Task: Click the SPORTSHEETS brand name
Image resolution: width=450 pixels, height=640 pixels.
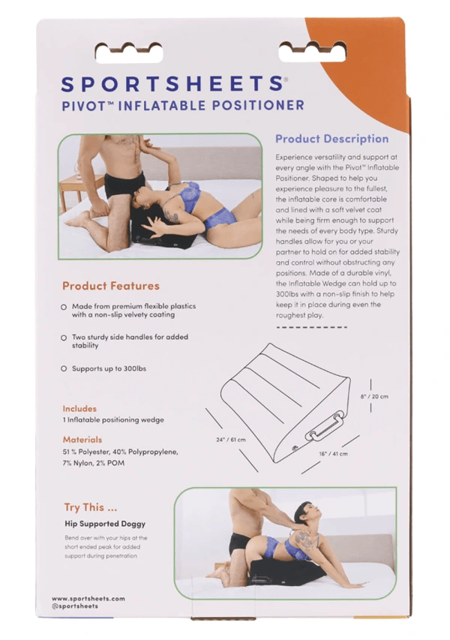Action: coord(172,83)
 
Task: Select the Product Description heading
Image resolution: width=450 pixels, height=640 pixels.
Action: coord(331,139)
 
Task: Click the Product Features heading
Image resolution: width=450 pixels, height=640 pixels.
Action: coord(110,286)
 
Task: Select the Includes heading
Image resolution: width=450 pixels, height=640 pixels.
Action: coord(79,409)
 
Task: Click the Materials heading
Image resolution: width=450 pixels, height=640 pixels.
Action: coord(82,440)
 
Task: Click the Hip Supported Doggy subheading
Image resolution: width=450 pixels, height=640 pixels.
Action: coord(104,524)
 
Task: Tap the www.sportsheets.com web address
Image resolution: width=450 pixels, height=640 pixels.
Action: coord(88,598)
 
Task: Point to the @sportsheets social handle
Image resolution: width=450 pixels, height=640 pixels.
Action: coord(78,606)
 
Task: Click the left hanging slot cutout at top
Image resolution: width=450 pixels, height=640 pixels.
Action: coord(129,52)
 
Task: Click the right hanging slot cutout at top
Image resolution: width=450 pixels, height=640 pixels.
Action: coord(312,52)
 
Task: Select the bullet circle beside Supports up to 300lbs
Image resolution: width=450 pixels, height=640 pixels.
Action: coord(64,369)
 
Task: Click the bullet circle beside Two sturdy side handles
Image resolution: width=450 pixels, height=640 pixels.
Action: coord(64,338)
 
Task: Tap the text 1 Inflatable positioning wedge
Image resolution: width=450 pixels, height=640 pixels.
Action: coord(113,420)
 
